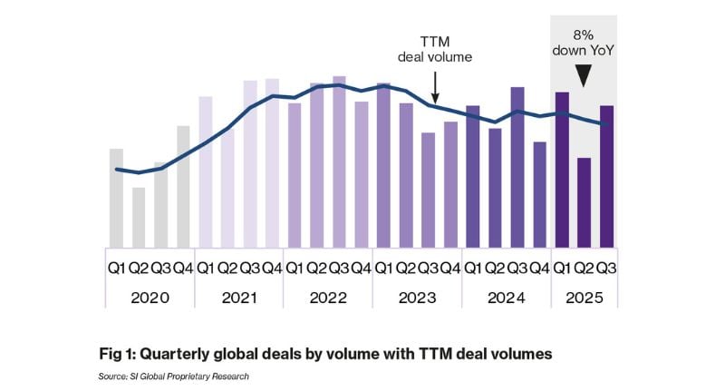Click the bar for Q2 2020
click(x=139, y=217)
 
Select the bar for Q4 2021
click(x=272, y=162)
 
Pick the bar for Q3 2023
click(x=428, y=190)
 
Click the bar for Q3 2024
click(x=517, y=167)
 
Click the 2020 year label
click(x=150, y=297)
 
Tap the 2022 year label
click(x=327, y=297)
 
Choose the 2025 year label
click(x=584, y=297)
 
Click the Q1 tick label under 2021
click(x=206, y=268)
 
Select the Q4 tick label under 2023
click(x=449, y=268)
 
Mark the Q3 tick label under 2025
click(x=605, y=268)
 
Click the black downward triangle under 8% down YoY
click(x=584, y=78)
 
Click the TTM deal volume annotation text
click(x=435, y=50)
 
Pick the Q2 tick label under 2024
click(x=495, y=268)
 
